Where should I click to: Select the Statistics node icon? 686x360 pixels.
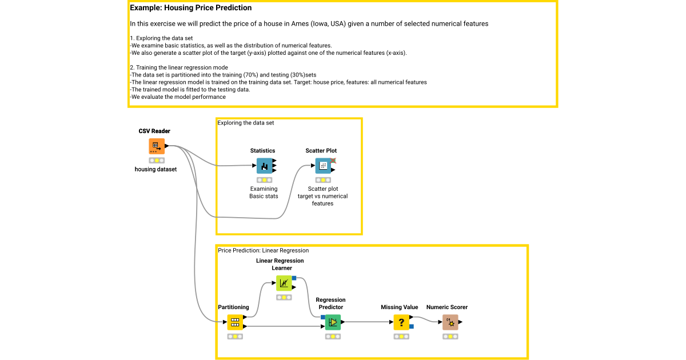coord(264,166)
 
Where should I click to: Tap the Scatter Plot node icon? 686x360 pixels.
coord(323,166)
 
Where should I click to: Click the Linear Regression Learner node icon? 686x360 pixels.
coord(284,283)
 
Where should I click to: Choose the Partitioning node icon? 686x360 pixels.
coord(234,322)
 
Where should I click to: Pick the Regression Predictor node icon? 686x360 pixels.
coord(333,322)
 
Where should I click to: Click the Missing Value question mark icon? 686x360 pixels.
coord(401,322)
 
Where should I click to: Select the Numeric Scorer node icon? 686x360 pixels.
coord(450,322)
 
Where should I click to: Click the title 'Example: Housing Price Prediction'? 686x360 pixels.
coord(190,9)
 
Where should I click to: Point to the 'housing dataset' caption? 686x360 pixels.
coord(156,169)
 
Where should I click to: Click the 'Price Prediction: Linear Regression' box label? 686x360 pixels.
coord(263,250)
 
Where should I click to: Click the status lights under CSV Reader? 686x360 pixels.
coord(157,161)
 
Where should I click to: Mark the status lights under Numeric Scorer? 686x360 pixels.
coord(450,337)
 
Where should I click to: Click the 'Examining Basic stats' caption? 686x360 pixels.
coord(264,193)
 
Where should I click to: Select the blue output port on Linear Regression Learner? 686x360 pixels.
coord(294,278)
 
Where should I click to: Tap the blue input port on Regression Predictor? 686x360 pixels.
coord(323,317)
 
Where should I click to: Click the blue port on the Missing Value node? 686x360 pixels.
coord(412,327)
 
